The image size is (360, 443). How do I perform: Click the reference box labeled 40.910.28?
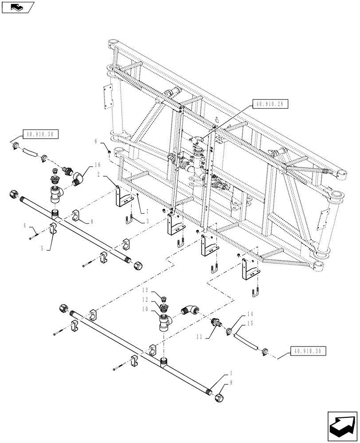click(270, 105)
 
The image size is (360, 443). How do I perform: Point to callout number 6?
click(95, 141)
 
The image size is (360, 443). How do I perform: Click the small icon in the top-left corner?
click(17, 7)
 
